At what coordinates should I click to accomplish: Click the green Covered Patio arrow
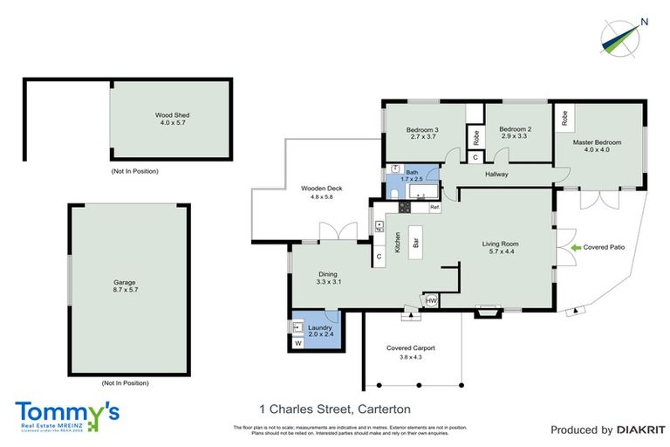click(575, 248)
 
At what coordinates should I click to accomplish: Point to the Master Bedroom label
click(597, 141)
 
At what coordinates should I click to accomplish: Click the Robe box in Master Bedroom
click(564, 116)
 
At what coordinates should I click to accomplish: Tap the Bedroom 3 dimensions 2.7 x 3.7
click(421, 137)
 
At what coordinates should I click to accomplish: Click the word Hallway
click(496, 175)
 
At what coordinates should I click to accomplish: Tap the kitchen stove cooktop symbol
click(403, 207)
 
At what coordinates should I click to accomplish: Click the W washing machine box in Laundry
click(298, 343)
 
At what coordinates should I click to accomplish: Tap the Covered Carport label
click(410, 348)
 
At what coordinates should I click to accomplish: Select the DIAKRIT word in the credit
click(641, 430)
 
